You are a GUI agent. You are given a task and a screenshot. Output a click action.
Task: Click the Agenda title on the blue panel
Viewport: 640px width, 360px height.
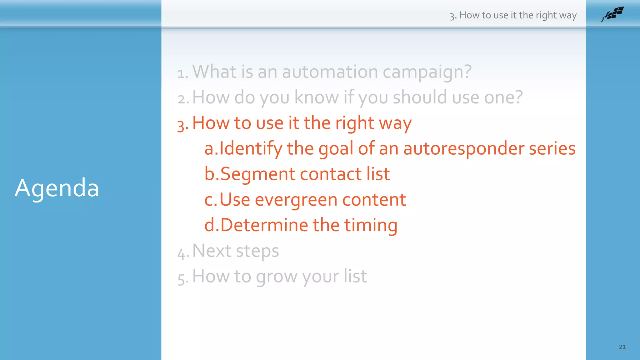tap(57, 188)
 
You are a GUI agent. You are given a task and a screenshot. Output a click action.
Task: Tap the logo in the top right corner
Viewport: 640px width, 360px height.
tap(612, 14)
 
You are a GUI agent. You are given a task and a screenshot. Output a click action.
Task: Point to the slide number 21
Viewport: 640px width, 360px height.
tap(622, 347)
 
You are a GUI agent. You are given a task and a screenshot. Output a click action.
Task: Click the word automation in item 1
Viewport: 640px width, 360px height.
tap(330, 72)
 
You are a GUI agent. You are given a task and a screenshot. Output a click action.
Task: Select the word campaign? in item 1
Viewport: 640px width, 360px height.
tap(427, 72)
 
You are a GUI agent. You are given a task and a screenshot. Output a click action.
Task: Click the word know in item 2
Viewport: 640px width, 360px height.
tap(316, 97)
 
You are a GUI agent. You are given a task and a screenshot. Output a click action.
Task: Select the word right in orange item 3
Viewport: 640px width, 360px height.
tap(354, 123)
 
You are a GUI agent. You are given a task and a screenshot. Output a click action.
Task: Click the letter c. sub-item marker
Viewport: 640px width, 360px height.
tap(210, 200)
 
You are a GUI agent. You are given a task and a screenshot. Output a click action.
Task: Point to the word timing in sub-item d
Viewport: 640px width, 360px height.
tap(371, 226)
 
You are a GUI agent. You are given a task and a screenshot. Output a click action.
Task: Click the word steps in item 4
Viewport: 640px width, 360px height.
tap(257, 251)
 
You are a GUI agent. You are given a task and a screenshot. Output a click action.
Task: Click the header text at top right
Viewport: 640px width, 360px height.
tap(513, 15)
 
